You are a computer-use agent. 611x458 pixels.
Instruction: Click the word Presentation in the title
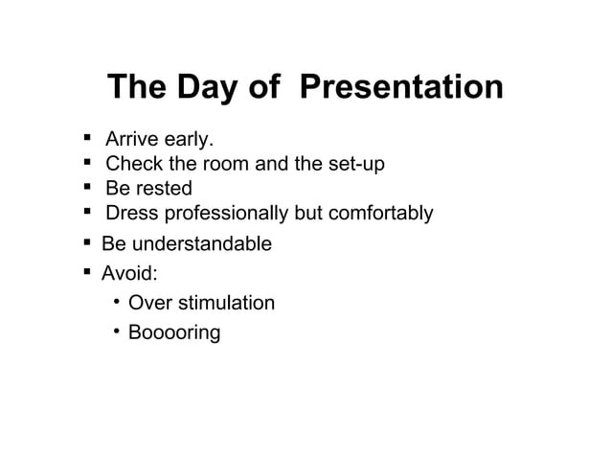click(x=401, y=87)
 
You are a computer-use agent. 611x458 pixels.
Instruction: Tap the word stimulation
click(x=228, y=303)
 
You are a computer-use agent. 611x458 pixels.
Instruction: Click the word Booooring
click(x=174, y=333)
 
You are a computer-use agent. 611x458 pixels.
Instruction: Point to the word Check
click(x=133, y=164)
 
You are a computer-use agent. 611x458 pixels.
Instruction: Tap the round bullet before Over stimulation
click(x=114, y=303)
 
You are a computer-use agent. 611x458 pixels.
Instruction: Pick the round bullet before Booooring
click(x=114, y=332)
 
